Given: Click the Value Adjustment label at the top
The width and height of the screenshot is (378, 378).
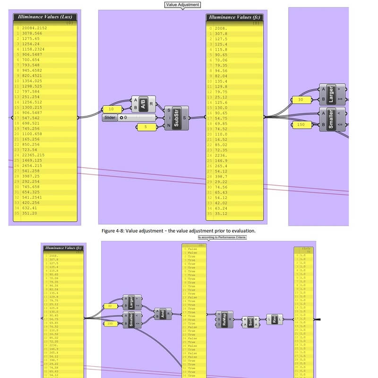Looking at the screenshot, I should click(183, 5).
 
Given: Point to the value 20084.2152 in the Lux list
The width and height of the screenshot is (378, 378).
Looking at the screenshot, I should click(39, 28).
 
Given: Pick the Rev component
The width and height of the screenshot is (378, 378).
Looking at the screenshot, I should click(274, 319).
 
